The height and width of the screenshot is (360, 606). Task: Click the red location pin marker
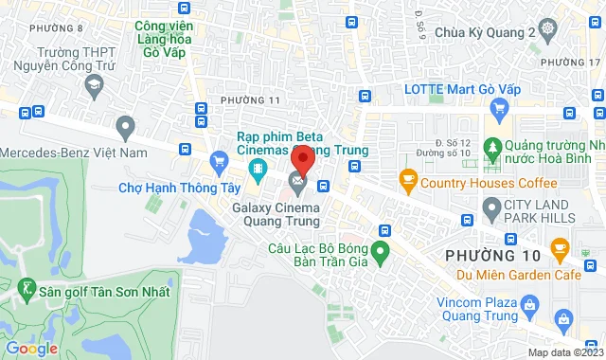click(x=301, y=157)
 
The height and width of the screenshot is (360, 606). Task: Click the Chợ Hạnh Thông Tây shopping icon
click(x=219, y=159)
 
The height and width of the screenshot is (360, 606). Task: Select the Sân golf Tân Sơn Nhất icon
click(x=27, y=289)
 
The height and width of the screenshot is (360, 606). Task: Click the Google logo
click(x=31, y=348)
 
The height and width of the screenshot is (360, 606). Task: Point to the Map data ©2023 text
click(x=564, y=352)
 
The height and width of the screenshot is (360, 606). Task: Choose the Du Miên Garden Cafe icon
click(x=559, y=251)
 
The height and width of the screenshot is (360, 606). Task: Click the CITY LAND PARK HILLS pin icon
click(x=491, y=207)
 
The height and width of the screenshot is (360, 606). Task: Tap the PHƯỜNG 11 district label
click(x=251, y=99)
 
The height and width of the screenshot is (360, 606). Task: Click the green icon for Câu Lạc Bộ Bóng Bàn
click(x=380, y=253)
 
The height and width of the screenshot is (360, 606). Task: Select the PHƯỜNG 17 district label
click(x=579, y=61)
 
